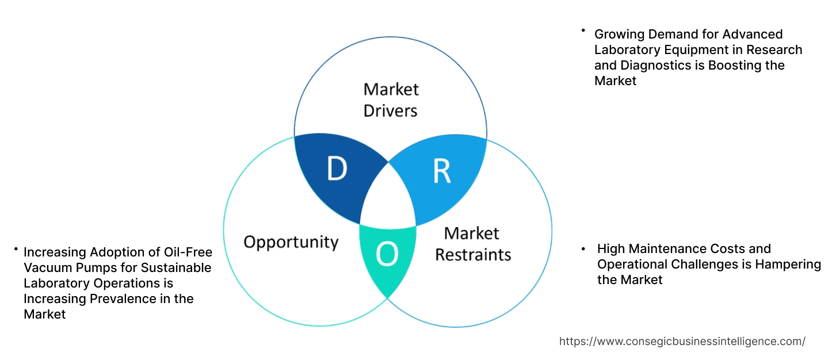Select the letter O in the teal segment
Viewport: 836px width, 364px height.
[x=387, y=255]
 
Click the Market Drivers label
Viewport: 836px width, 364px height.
[x=391, y=99]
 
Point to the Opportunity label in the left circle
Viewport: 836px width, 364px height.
[x=291, y=242]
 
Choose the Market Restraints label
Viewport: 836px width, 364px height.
[x=472, y=243]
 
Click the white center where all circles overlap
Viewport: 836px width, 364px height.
[x=388, y=198]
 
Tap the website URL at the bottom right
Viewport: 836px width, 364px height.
[x=682, y=341]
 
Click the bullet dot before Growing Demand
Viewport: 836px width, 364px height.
[x=583, y=30]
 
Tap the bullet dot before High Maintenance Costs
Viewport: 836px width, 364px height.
[x=584, y=249]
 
